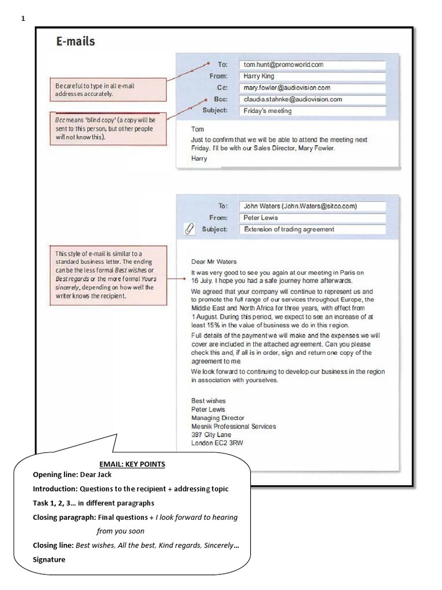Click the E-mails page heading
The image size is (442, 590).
[x=75, y=41]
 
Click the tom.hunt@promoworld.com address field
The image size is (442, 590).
[x=311, y=65]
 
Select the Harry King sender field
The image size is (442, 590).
[x=311, y=76]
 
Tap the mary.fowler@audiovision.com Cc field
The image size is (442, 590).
[x=311, y=88]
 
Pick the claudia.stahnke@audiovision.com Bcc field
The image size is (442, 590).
[x=311, y=99]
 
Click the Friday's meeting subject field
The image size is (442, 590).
[x=311, y=111]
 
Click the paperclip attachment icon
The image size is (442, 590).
[x=188, y=229]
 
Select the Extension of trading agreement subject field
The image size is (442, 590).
[x=311, y=229]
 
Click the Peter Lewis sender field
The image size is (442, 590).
[x=311, y=218]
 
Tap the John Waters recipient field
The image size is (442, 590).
[x=311, y=206]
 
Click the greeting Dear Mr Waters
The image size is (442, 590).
[x=214, y=262]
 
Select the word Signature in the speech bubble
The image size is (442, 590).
[x=49, y=559]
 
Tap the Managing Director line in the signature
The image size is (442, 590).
[x=218, y=418]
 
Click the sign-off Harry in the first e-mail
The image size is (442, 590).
[x=199, y=158]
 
